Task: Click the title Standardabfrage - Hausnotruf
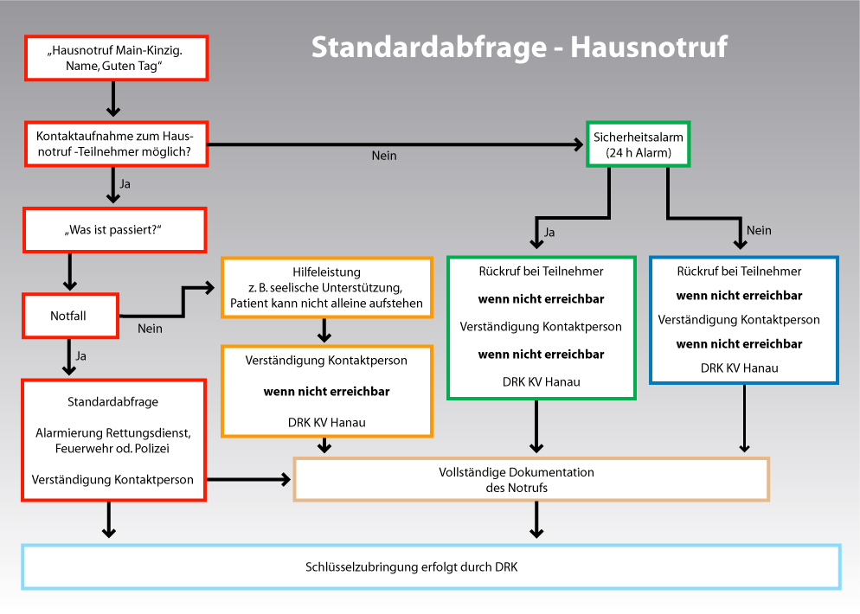coord(519,48)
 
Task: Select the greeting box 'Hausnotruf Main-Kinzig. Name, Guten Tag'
coord(116,58)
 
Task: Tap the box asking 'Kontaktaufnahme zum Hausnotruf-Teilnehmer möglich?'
coord(116,144)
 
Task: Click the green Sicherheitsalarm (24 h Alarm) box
coord(638,144)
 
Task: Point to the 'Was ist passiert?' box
coord(114,230)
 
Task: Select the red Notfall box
coord(70,316)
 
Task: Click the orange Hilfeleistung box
coord(327,288)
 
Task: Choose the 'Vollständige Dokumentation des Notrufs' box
coord(531,480)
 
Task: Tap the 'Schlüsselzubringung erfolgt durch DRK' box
coord(431,566)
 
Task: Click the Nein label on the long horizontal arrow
coord(384,156)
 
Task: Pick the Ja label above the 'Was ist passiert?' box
coord(125,184)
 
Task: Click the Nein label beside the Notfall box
coord(150,329)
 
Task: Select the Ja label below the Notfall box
coord(81,356)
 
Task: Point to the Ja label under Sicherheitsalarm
coord(549,233)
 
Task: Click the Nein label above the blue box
coord(759,231)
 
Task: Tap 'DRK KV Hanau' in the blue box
coord(740,368)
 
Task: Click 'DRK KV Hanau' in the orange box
coord(327,423)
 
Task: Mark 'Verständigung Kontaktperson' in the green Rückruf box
coord(541,327)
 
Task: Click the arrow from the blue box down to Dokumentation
coord(744,419)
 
